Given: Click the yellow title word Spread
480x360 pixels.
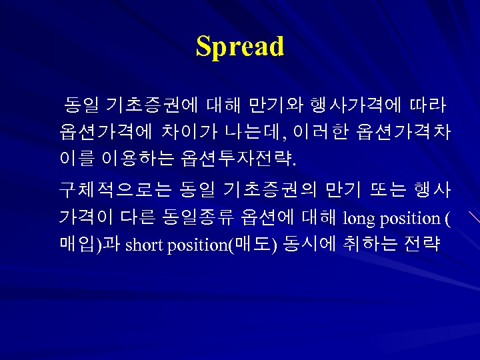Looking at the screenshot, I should tap(240, 47).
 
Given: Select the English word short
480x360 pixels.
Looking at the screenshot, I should tap(144, 245).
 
